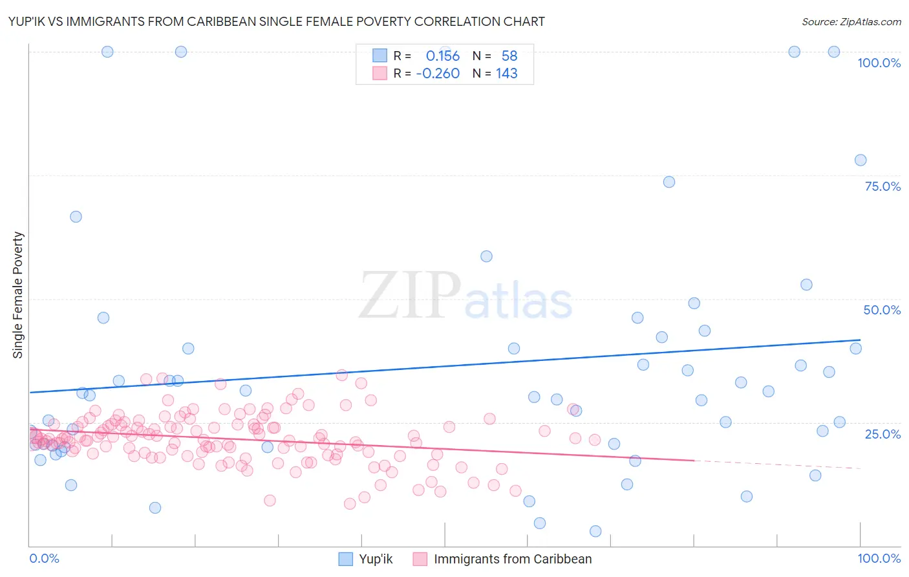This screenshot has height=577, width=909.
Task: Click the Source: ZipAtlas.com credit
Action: pos(851,21)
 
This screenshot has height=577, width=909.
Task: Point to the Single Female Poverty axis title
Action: pos(18,295)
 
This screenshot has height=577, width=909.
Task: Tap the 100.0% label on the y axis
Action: pos(879,63)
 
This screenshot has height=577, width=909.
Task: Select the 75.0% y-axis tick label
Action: pos(882,186)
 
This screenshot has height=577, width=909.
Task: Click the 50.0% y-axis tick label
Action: pos(882,310)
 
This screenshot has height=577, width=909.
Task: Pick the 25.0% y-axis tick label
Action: pos(882,433)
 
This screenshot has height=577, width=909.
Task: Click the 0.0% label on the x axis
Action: pos(44,558)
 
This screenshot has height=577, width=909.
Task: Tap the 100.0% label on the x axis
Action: pos(879,558)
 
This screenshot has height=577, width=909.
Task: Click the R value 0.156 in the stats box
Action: pos(442,56)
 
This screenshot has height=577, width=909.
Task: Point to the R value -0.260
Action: pos(438,74)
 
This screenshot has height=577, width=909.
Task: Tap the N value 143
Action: pos(506,74)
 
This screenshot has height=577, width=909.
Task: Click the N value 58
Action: pos(509,56)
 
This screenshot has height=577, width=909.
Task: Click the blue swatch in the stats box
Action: pos(380,56)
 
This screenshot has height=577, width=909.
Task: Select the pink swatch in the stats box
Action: pos(380,73)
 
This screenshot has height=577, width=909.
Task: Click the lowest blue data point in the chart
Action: pos(595,531)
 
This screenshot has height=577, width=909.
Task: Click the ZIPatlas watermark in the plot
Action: pos(465,296)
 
